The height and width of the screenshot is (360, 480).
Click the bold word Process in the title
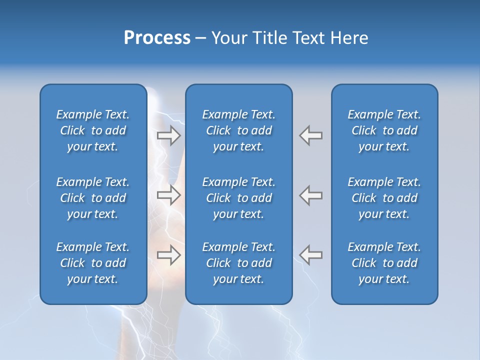click(157, 38)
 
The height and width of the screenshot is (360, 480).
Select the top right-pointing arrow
click(169, 135)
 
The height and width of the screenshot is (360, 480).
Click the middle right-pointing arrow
click(169, 195)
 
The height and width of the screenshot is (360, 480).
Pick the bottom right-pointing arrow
click(169, 255)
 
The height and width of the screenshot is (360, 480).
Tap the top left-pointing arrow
click(310, 135)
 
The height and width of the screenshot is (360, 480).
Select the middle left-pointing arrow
click(310, 195)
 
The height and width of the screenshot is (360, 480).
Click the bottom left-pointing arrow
click(310, 255)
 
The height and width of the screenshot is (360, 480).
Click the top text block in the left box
click(93, 130)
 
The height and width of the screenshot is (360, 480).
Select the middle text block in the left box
click(93, 198)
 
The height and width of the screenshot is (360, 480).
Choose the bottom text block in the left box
click(93, 263)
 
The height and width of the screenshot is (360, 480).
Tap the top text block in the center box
click(239, 130)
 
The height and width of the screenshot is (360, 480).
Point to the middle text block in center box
click(239, 198)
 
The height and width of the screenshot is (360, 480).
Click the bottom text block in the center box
click(239, 263)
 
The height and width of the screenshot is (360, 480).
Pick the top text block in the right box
click(384, 130)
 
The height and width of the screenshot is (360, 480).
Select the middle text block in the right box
click(384, 198)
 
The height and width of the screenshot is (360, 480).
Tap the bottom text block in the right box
click(384, 263)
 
